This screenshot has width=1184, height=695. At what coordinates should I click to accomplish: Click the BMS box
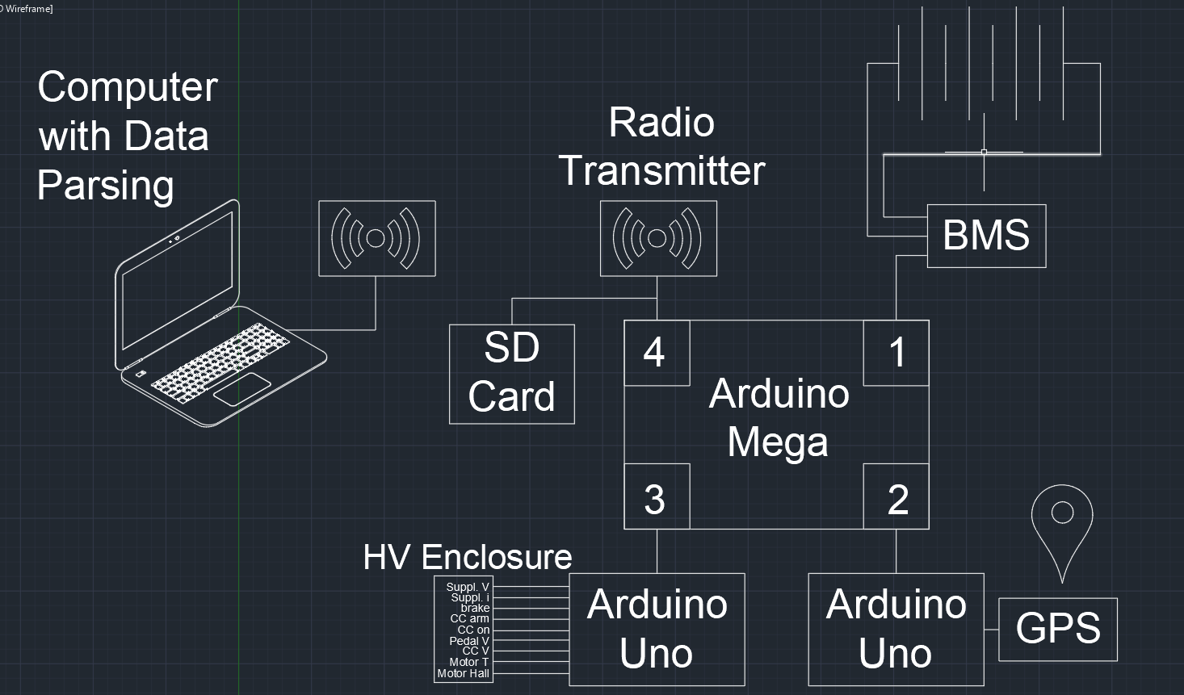click(x=986, y=236)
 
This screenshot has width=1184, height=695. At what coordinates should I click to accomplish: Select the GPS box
click(x=1058, y=629)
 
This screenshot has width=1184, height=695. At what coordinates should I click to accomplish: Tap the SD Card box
click(x=511, y=374)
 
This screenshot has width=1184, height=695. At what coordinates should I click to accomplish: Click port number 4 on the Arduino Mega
click(x=656, y=353)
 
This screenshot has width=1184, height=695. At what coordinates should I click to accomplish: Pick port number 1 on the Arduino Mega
click(x=896, y=353)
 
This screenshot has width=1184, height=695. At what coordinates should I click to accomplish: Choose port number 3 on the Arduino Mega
click(x=656, y=497)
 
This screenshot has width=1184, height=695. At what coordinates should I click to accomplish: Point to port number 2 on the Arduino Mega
click(x=896, y=497)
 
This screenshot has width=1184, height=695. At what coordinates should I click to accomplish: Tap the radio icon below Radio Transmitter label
click(x=657, y=238)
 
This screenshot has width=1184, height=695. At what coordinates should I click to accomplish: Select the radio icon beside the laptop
click(x=376, y=238)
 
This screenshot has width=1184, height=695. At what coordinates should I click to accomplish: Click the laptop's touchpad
click(x=241, y=389)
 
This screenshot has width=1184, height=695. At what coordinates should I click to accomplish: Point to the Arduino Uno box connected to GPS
click(x=896, y=629)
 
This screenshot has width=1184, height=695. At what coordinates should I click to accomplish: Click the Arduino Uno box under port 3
click(x=657, y=629)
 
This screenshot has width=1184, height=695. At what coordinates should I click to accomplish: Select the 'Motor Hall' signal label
click(x=463, y=673)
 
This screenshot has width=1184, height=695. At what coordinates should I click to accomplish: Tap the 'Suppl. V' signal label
click(x=468, y=587)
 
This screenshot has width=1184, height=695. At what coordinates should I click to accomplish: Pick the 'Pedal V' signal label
click(x=468, y=641)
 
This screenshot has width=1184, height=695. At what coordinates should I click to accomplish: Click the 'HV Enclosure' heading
click(x=468, y=557)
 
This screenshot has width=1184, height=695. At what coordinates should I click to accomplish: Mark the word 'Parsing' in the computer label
click(x=105, y=186)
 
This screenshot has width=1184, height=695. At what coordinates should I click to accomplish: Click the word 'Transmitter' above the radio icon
click(x=661, y=170)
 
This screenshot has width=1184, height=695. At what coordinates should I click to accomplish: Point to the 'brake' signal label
click(x=475, y=608)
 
